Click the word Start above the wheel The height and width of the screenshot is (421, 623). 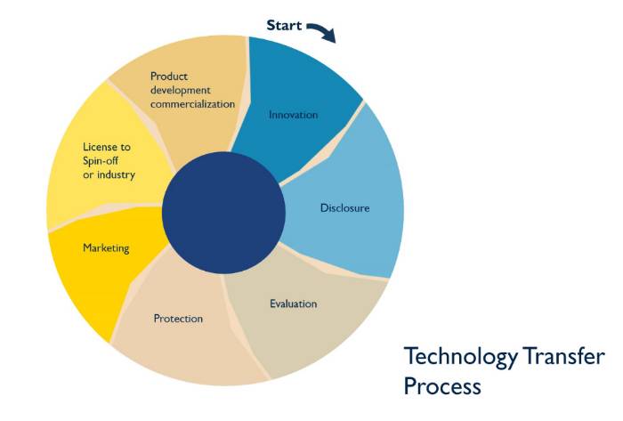(x=284, y=26)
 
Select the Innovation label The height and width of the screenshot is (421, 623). (x=293, y=115)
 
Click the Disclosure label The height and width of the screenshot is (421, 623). (x=345, y=208)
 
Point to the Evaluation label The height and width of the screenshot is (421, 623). (x=294, y=304)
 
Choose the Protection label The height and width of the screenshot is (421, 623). (x=178, y=319)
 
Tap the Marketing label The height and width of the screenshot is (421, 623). (x=106, y=248)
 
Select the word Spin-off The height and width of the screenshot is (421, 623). (x=100, y=161)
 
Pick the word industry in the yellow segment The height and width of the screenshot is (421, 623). (x=116, y=174)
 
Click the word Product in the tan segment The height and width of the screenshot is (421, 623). (x=169, y=77)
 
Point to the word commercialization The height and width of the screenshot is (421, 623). (x=193, y=104)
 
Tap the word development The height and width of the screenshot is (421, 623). (x=181, y=91)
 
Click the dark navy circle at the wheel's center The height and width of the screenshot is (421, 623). (x=223, y=213)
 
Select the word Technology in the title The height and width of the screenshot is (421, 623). (x=460, y=357)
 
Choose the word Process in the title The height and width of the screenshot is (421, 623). (x=442, y=385)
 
